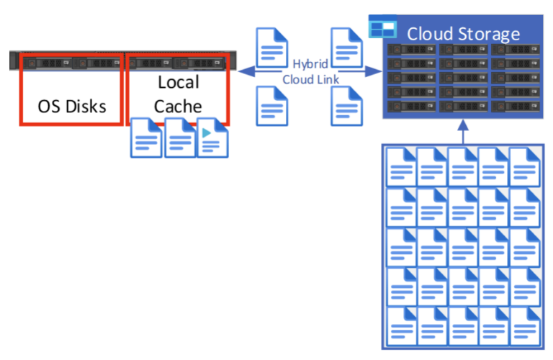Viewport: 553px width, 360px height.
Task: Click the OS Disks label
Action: click(72, 107)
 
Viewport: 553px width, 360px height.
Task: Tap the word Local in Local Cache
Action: click(178, 82)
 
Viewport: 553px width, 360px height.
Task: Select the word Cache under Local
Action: click(178, 107)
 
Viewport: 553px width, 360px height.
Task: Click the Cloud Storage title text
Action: click(463, 34)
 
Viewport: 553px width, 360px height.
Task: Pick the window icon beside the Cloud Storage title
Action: click(382, 29)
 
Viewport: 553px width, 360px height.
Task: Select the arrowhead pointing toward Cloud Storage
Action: click(375, 71)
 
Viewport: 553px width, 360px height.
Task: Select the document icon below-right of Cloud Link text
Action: click(346, 106)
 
